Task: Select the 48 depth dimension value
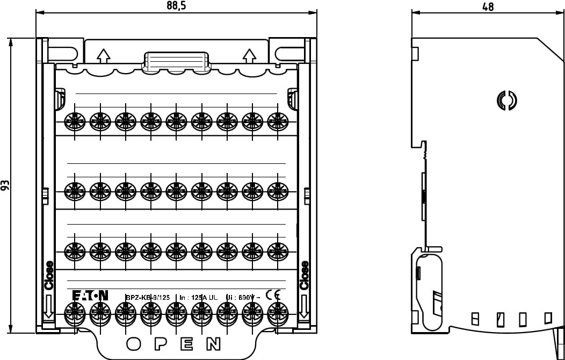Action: [488, 6]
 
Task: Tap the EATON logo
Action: [90, 295]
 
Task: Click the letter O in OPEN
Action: [134, 344]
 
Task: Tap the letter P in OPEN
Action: [161, 344]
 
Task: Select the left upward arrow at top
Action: [103, 55]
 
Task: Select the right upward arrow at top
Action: [249, 55]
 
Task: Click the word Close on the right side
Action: [305, 275]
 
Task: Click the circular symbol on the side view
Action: [506, 100]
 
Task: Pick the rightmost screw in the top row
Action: [277, 122]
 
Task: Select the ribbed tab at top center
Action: [175, 59]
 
